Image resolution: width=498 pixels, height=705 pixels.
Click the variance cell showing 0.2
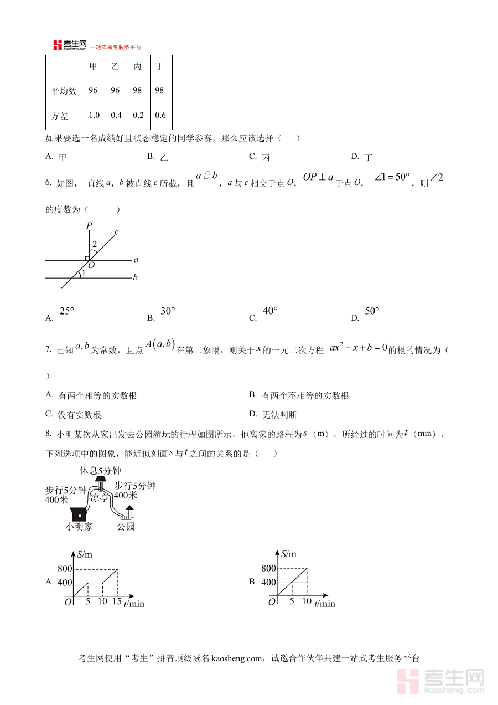tap(138, 115)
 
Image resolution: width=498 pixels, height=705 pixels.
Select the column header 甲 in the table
tap(94, 66)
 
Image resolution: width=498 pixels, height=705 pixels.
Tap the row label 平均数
tap(64, 90)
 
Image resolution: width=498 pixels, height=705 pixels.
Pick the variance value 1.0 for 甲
tap(94, 115)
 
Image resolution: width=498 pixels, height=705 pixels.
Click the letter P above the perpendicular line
tap(89, 225)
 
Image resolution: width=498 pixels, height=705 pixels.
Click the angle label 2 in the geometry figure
tap(95, 244)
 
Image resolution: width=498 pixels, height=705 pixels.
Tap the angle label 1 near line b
tap(84, 274)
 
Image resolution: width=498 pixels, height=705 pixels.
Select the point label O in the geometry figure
tap(92, 265)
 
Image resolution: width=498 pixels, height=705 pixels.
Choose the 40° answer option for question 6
tap(270, 311)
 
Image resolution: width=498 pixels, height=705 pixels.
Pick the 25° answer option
tap(66, 311)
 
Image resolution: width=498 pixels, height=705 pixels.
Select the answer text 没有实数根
tap(80, 415)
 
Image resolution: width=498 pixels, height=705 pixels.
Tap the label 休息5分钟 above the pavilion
tap(100, 471)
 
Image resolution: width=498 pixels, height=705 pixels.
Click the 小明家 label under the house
tap(79, 527)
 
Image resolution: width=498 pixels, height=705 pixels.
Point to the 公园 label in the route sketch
tap(126, 527)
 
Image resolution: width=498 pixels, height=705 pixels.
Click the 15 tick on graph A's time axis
tap(117, 601)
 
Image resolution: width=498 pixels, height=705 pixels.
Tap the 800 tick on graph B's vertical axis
tap(268, 568)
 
